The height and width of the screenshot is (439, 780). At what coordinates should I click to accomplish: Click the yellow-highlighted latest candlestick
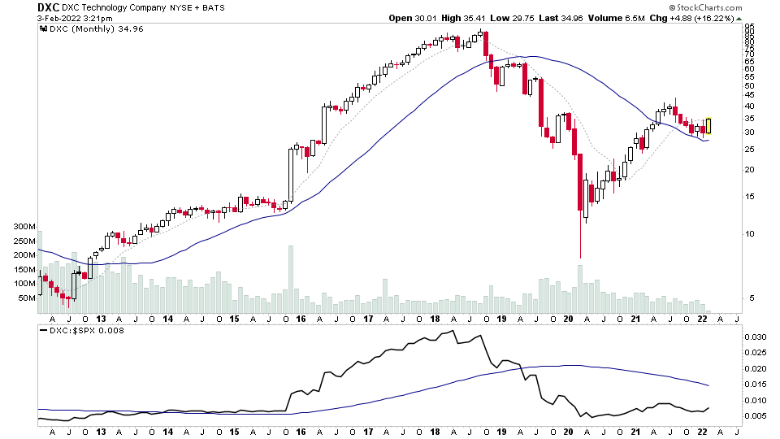[x=708, y=126]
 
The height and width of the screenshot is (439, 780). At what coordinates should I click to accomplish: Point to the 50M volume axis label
[x=27, y=298]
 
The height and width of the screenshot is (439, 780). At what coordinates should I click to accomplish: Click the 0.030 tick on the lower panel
[x=756, y=337]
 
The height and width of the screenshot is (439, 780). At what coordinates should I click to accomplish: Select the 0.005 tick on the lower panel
[x=756, y=415]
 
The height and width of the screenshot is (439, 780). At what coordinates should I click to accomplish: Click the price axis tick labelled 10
[x=750, y=234]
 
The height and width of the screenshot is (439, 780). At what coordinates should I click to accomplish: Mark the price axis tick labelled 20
[x=750, y=170]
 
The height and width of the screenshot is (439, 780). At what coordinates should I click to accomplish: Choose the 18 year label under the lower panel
[x=435, y=432]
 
